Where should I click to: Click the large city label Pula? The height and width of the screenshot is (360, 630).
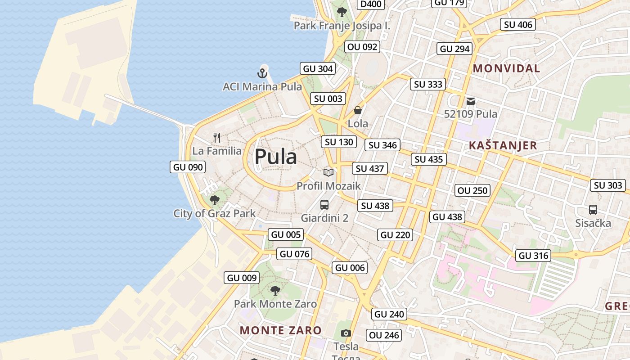point(275,157)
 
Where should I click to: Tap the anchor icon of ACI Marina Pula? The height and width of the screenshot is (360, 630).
point(262,73)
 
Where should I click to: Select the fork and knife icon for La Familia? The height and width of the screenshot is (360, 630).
point(217,137)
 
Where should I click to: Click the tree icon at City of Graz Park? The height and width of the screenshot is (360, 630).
point(215,200)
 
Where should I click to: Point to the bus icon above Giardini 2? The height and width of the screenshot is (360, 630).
point(324,205)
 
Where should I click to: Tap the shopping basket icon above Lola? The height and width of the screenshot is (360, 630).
point(358,110)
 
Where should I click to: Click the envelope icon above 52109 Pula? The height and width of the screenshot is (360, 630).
point(471,101)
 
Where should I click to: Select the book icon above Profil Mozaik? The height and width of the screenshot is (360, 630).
point(328,172)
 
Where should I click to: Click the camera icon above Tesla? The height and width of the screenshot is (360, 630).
point(346,333)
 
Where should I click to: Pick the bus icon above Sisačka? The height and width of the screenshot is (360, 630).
point(593,210)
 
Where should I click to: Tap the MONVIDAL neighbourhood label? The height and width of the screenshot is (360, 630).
point(506,68)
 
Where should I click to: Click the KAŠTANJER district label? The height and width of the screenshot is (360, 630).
point(503,145)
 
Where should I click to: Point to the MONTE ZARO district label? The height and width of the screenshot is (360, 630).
point(280,330)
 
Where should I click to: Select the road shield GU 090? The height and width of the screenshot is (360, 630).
point(188,167)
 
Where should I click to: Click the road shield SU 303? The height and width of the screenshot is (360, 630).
point(608,185)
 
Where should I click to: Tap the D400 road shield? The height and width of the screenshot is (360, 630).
point(371,4)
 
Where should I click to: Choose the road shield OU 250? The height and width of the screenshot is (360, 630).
point(472,190)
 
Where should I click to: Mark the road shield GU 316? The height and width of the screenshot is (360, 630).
point(534,256)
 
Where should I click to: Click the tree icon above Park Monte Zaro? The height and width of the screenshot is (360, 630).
point(275,291)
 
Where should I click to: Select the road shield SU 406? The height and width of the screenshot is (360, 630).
point(518,25)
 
